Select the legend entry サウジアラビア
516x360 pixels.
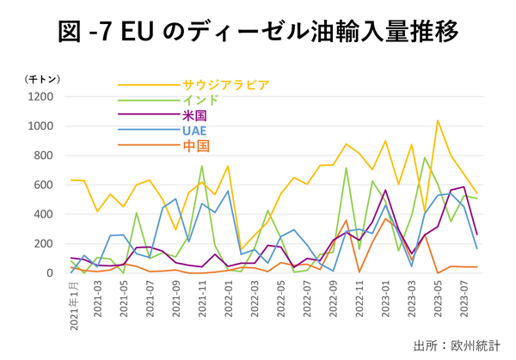(225, 85)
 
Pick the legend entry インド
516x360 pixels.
(200, 101)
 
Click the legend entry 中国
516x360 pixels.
(196, 146)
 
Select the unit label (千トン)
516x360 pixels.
(40, 79)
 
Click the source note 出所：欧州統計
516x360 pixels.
(456, 345)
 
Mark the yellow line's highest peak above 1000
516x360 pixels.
(438, 120)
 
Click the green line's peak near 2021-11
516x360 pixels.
(201, 166)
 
